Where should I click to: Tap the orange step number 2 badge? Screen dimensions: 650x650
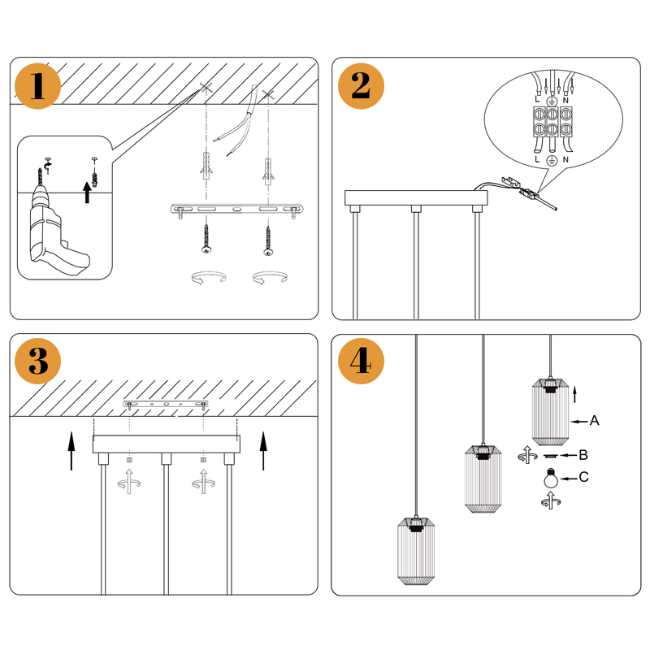click(362, 85)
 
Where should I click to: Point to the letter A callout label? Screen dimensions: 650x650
click(595, 421)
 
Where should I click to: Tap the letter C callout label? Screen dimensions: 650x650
click(583, 478)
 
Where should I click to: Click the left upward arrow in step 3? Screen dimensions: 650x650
click(71, 451)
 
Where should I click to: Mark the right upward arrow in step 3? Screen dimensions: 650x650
click(263, 451)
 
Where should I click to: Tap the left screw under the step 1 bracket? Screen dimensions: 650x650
click(206, 242)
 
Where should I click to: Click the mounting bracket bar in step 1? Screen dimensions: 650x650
click(235, 210)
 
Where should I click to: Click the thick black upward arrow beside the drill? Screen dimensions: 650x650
click(87, 193)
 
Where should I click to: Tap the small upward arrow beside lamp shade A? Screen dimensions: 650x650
click(575, 394)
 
